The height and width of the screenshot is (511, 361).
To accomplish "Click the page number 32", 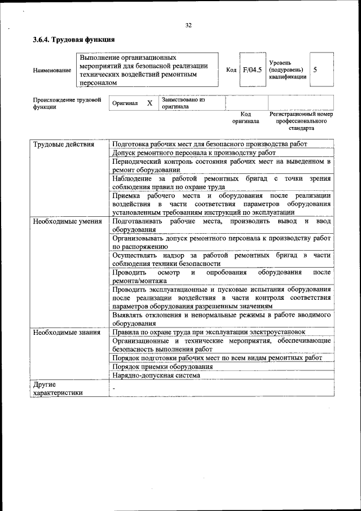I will [x=188, y=25].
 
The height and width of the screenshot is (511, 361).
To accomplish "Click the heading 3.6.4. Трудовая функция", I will [x=74, y=40].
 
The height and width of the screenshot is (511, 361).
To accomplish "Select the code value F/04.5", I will [x=252, y=70].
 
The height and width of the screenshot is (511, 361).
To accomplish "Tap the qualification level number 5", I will [x=315, y=69].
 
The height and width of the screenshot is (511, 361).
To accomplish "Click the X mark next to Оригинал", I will [x=149, y=103].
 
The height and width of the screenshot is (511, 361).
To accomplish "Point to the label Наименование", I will [x=52, y=71].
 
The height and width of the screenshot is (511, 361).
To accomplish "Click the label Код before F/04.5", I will [x=231, y=70].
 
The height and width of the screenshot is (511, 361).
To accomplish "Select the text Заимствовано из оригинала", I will [x=183, y=103].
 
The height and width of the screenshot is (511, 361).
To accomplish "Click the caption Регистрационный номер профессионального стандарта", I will [x=302, y=121].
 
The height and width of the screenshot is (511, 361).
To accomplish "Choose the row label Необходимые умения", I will [x=67, y=221].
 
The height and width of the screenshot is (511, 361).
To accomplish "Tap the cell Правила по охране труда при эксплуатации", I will [x=209, y=332].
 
